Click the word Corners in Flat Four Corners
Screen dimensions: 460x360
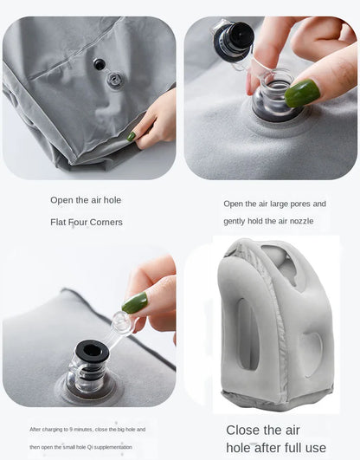pyautogui.click(x=106, y=222)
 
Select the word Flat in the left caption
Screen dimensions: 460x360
pyautogui.click(x=58, y=222)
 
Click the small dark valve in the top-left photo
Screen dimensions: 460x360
pyautogui.click(x=100, y=64)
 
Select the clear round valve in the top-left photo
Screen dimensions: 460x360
pyautogui.click(x=113, y=80)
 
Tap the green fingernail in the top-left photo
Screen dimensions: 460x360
pyautogui.click(x=132, y=136)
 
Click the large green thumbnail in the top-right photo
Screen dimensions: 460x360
pyautogui.click(x=302, y=94)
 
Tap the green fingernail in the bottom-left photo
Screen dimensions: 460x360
pyautogui.click(x=134, y=302)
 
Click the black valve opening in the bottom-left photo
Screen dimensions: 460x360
pyautogui.click(x=92, y=350)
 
